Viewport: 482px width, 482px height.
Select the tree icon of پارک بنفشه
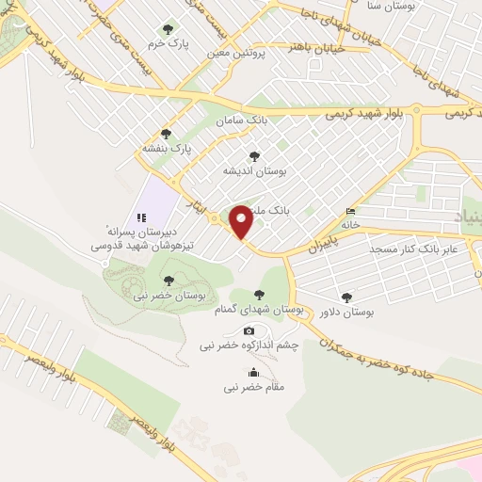(x=167, y=134)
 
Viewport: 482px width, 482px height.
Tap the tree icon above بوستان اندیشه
(x=252, y=156)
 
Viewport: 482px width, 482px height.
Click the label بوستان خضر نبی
(x=169, y=295)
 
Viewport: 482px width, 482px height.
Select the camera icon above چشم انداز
(x=249, y=330)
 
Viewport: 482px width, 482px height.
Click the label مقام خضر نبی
(x=253, y=386)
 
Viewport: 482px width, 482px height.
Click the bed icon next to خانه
(x=351, y=210)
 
